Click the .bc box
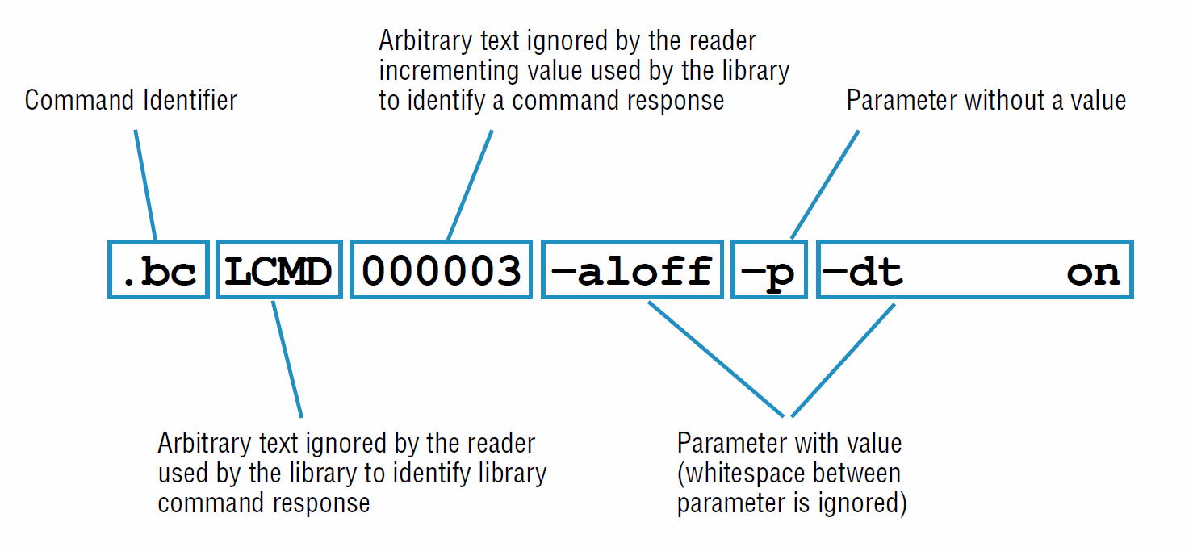coord(158,270)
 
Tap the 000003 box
coord(441,270)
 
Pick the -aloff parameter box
coord(631,270)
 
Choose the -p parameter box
coord(768,270)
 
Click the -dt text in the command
coord(862,272)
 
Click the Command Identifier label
coord(131,101)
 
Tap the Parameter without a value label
coord(986,101)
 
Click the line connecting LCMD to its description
coord(287,360)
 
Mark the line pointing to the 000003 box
coord(470,183)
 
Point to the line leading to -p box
coord(825,183)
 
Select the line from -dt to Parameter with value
coord(843,360)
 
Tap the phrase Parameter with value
coord(789,443)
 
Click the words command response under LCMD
coord(263,503)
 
